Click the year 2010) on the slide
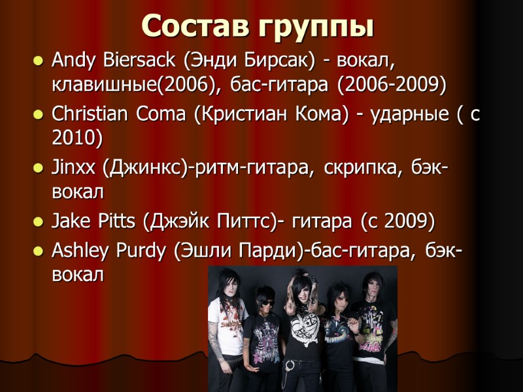click(x=77, y=139)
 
